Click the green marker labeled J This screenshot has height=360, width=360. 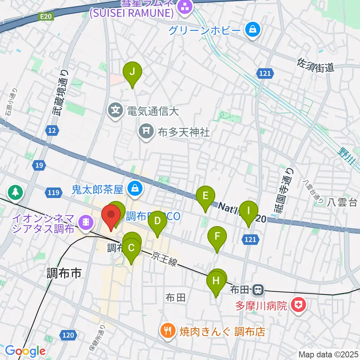point(132,72)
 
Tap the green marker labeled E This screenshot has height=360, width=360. point(205,196)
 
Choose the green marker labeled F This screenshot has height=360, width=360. point(217,237)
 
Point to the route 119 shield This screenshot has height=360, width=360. point(53,193)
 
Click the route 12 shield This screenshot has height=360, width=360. point(52,130)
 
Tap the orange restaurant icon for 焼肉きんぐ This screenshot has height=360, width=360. point(166,331)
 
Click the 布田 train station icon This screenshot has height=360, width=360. point(258,289)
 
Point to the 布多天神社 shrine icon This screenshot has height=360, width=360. point(145,131)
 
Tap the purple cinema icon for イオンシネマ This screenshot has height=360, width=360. point(86,222)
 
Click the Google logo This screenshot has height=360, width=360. point(25,351)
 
